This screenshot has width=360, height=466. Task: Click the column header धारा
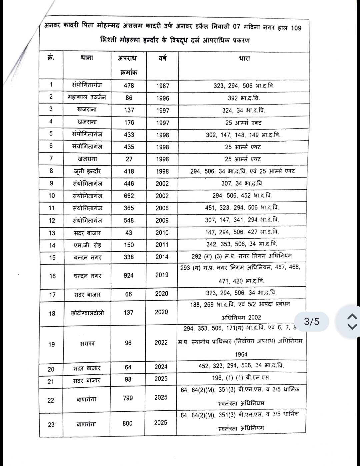click(x=244, y=59)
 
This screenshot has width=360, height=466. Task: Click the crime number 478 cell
click(x=129, y=85)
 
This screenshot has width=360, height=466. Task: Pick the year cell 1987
click(x=162, y=86)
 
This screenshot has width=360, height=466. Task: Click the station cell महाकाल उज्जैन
click(x=87, y=97)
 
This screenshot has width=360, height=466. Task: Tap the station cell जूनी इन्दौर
click(x=87, y=171)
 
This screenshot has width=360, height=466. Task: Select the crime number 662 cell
click(x=129, y=196)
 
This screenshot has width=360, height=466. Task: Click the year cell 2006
click(x=162, y=208)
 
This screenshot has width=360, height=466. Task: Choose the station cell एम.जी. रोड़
click(x=87, y=245)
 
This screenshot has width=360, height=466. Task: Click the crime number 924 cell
click(x=128, y=275)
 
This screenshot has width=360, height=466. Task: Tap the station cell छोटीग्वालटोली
click(x=87, y=313)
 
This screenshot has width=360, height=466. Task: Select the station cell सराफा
click(x=87, y=343)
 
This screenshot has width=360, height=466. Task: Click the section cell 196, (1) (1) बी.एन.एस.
click(x=241, y=378)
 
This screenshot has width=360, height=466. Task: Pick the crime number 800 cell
click(x=127, y=423)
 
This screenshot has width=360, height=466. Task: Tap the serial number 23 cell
click(x=51, y=424)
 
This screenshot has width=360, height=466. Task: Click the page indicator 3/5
click(x=312, y=321)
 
